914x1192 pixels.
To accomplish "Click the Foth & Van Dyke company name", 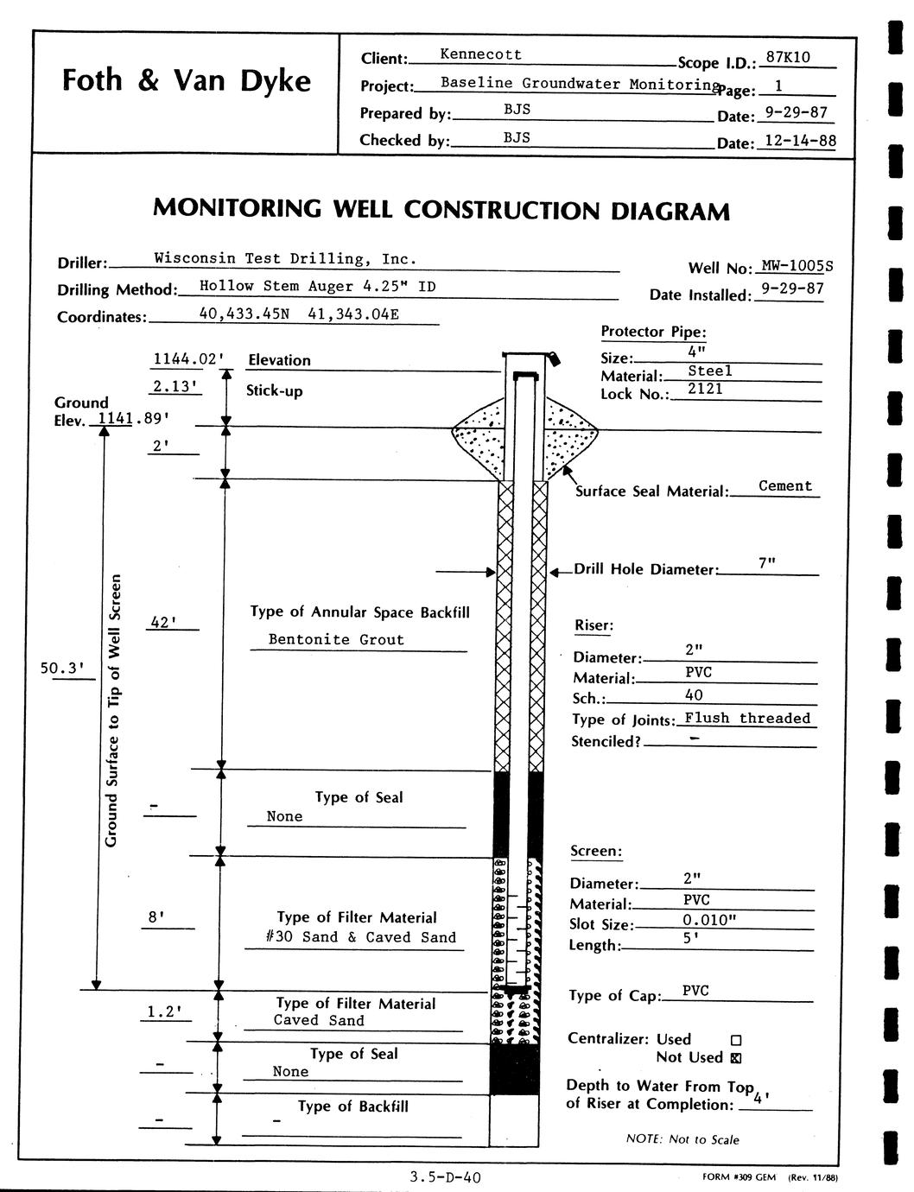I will [x=186, y=80].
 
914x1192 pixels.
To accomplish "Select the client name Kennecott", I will [x=480, y=54].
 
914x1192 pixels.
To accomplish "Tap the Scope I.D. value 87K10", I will [x=788, y=57].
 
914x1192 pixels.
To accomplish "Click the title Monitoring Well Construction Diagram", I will [x=441, y=210].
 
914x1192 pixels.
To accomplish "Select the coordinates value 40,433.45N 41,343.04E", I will [x=299, y=314].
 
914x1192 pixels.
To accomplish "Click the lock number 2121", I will [x=705, y=390].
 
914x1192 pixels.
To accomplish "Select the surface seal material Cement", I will [x=785, y=486].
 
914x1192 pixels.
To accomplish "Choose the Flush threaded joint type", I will [x=747, y=718].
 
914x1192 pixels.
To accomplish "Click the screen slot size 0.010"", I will [x=708, y=920].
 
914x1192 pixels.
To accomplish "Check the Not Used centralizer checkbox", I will [x=736, y=1057].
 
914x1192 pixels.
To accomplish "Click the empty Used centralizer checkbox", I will [x=736, y=1040].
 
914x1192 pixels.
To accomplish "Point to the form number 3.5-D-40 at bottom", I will [x=447, y=1176].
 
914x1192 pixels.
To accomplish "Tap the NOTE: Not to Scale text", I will [x=682, y=1139].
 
